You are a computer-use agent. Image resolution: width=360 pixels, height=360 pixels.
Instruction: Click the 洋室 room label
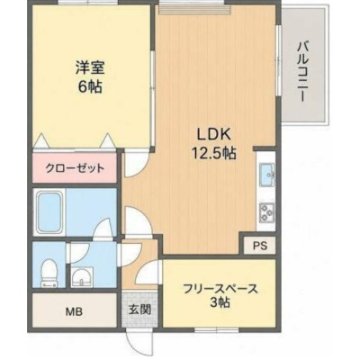coord(90,67)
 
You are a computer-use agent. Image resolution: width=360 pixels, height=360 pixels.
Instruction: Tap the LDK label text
coord(213,135)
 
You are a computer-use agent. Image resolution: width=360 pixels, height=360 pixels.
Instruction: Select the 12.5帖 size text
coord(213,153)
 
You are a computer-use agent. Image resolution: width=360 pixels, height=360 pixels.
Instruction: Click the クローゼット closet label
coord(75,168)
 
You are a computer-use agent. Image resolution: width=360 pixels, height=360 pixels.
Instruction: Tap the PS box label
coord(259,246)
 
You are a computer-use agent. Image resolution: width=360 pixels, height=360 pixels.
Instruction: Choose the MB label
coord(74,312)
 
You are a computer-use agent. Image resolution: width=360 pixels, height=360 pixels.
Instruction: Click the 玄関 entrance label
coord(139,310)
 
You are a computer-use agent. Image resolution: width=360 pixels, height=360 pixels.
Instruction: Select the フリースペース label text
coord(220,290)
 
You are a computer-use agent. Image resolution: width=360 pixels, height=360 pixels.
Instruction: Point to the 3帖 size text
coord(220,303)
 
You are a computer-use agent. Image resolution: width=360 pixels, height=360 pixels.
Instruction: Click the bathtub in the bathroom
coord(49,211)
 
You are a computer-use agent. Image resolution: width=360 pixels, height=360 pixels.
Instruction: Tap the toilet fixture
coord(48,273)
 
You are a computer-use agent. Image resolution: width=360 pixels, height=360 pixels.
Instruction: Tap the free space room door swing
coord(148,272)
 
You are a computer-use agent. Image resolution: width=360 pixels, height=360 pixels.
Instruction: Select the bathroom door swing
coord(104,229)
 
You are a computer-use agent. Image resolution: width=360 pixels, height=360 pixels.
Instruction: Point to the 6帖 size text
coord(90,87)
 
